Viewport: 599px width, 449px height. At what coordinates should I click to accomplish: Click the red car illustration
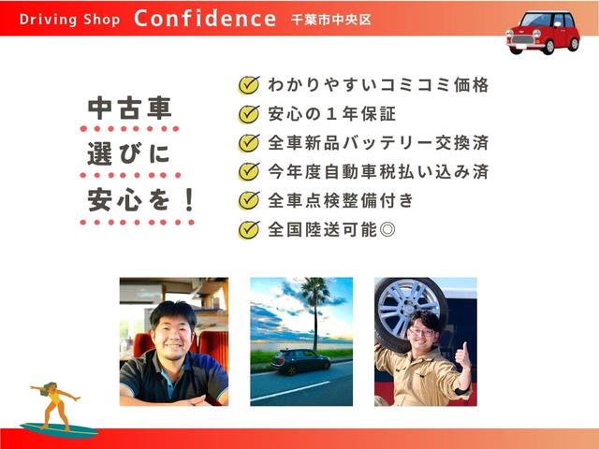tap(543, 33)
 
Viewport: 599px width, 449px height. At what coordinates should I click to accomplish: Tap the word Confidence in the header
tap(205, 19)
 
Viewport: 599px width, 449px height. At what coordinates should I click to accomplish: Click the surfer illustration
tap(56, 404)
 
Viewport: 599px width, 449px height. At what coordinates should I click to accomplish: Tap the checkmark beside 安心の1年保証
tap(248, 114)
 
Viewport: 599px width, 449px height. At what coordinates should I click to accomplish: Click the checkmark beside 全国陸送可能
tap(248, 228)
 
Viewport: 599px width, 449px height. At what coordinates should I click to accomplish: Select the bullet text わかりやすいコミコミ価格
tap(378, 85)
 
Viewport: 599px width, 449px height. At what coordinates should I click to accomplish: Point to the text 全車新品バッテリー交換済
tap(378, 143)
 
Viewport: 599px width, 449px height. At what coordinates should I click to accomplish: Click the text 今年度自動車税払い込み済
tap(378, 172)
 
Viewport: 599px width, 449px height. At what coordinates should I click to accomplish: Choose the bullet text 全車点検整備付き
tap(341, 200)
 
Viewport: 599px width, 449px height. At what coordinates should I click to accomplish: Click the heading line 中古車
tap(129, 109)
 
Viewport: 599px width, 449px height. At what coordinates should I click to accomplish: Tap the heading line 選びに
tap(129, 153)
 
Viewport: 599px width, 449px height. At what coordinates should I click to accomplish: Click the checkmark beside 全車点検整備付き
tap(248, 200)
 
